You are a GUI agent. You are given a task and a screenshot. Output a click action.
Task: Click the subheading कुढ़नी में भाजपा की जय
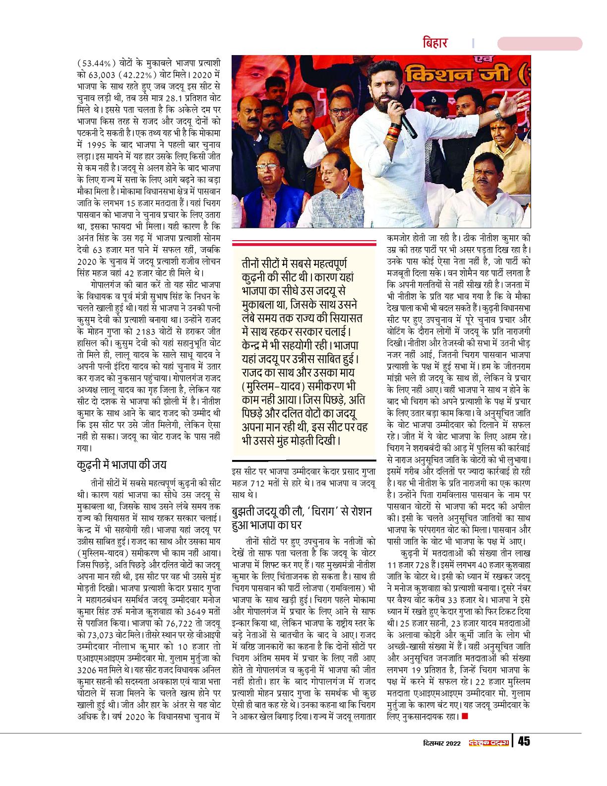[121, 465]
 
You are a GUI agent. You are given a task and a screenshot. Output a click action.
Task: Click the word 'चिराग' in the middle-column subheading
[340, 511]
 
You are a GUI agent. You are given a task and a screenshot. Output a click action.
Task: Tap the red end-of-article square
[464, 716]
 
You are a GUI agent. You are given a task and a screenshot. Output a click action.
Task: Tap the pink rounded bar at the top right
[540, 44]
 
